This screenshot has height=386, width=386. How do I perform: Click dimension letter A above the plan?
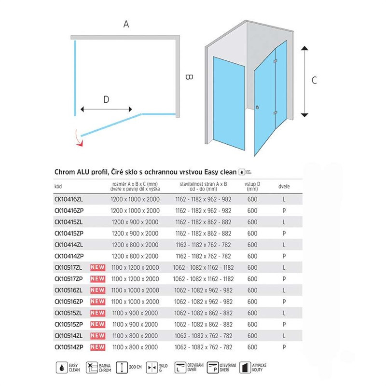[126, 24]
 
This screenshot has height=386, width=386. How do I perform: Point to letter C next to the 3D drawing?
[314, 81]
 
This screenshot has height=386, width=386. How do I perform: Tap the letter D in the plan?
[106, 99]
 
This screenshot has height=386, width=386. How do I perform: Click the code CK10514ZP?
[69, 346]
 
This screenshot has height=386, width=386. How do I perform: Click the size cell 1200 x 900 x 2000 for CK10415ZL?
[135, 222]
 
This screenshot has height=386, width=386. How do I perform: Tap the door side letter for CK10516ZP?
[285, 301]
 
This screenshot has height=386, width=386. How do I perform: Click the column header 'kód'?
[58, 186]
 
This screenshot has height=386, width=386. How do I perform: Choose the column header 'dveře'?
[284, 186]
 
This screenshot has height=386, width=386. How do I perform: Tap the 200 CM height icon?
[123, 368]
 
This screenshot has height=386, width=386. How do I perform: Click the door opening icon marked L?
[180, 368]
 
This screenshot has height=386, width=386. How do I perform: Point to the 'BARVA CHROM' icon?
[91, 368]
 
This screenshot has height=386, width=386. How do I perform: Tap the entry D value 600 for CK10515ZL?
[252, 312]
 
